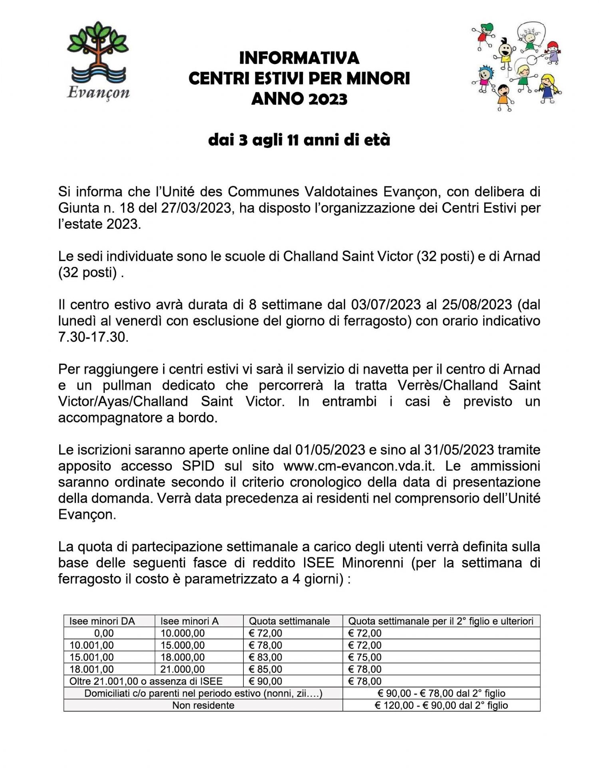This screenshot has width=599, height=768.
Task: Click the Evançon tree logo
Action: (x=98, y=60)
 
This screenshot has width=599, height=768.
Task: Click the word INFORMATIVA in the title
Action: (x=299, y=58)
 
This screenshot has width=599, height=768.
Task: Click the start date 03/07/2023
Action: (x=386, y=304)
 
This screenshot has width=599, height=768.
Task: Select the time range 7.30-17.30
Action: (x=92, y=337)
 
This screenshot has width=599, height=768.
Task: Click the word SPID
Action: (x=198, y=466)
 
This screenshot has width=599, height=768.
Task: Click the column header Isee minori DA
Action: (x=102, y=621)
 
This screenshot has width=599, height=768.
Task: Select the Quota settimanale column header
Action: (x=289, y=621)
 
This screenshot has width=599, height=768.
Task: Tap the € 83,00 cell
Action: (x=265, y=657)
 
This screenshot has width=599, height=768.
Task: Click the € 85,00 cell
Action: (x=265, y=669)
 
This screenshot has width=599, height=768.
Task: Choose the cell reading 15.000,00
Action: (x=183, y=645)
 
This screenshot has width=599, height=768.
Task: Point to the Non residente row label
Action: (x=203, y=705)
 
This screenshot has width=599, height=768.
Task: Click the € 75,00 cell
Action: (x=365, y=657)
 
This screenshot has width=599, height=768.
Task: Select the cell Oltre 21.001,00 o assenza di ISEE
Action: (x=146, y=681)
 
